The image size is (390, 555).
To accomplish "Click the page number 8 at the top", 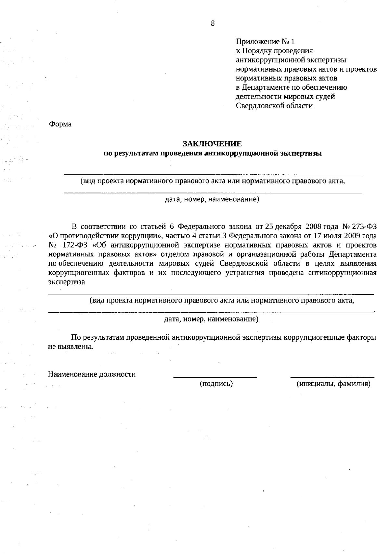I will pos(213,23).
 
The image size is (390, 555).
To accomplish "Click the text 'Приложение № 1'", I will pos(265,42).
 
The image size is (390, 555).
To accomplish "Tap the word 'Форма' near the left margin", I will pos(60,124).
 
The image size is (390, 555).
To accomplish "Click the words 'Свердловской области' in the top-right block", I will pos(274,106).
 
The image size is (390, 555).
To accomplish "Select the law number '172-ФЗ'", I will pos(74,245).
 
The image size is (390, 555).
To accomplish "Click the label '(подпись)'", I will pos(216,384).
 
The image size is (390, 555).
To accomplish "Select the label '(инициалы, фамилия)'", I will pos(333,384).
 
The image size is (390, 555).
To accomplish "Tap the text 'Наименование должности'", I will pos(92,374).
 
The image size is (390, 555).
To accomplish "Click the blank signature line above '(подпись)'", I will pos(215,377).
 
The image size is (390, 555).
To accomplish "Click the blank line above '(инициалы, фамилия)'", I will pos(332,377).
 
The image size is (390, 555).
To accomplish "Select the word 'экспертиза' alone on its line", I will pos(67,282).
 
